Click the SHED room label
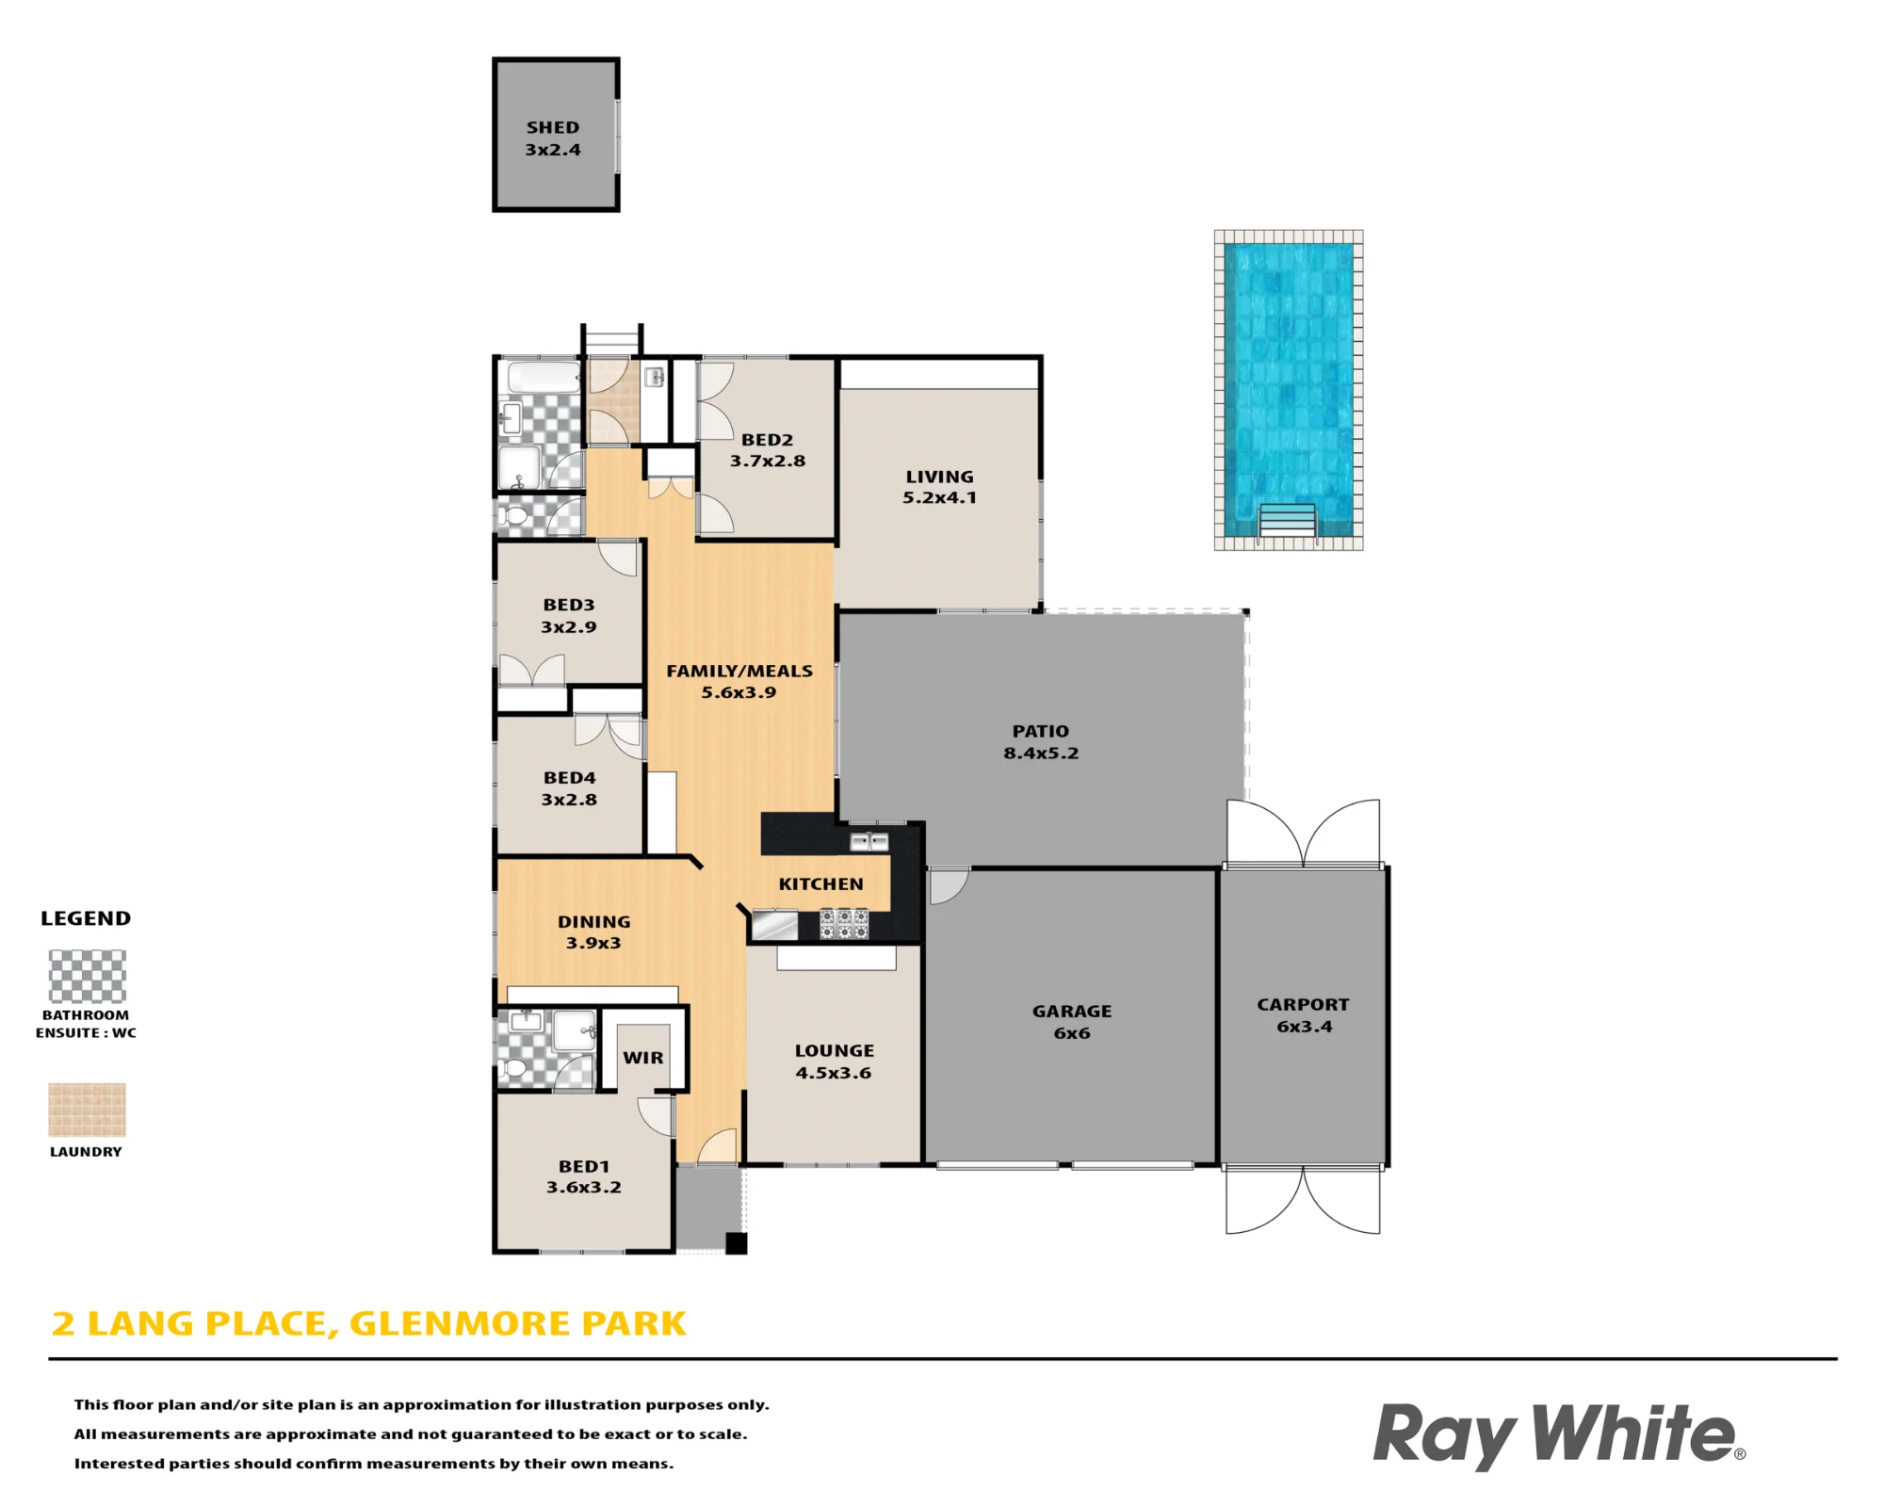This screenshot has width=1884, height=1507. coord(553,127)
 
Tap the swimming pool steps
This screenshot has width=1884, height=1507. coord(1287,520)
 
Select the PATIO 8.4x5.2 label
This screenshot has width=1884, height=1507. coord(1041,742)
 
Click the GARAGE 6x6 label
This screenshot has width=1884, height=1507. coord(1072,1022)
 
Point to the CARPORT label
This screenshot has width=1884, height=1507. coord(1303,1005)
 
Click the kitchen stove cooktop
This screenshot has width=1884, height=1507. coord(843,923)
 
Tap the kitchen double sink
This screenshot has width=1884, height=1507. coord(869,841)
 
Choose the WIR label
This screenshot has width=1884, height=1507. coord(643,1058)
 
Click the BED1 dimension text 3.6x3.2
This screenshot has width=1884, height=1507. coord(584,1188)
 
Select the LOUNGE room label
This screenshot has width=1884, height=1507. coord(835,1051)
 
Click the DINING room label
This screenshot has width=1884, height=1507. coord(594,922)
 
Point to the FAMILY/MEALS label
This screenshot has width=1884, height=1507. coord(739,672)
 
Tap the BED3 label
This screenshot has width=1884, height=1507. coord(569,606)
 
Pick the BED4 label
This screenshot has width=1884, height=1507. coord(570,778)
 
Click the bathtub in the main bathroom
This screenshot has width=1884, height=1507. coord(544,379)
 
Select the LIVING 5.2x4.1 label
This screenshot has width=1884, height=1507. coord(940,487)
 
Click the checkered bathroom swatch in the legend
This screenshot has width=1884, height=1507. coord(88,977)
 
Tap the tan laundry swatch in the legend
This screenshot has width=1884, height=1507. coord(88,1110)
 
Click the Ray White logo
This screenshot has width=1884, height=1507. coord(1559,1435)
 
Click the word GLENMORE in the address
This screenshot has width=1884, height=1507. coord(461,1323)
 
